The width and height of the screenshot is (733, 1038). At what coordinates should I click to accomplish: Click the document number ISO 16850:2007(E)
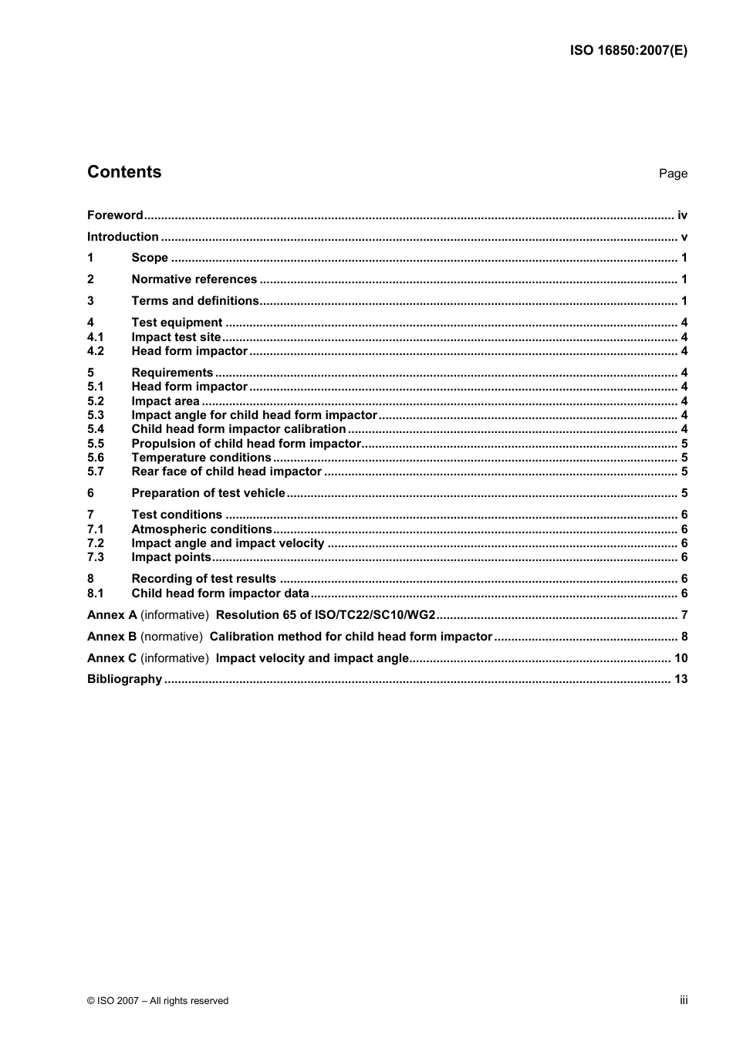pyautogui.click(x=628, y=51)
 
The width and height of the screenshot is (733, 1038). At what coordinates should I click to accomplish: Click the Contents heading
pyautogui.click(x=124, y=172)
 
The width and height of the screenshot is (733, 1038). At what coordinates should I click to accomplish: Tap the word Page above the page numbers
pyautogui.click(x=673, y=174)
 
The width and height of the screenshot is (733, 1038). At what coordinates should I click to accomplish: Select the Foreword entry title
pyautogui.click(x=115, y=215)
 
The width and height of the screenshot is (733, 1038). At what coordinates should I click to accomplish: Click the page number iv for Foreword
pyautogui.click(x=682, y=215)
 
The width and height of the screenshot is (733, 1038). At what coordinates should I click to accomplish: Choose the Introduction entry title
pyautogui.click(x=123, y=237)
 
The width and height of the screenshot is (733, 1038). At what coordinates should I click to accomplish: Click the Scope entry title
pyautogui.click(x=150, y=258)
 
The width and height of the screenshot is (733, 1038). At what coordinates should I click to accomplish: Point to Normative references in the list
pyautogui.click(x=194, y=279)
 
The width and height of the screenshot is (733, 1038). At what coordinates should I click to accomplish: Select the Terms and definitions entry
pyautogui.click(x=195, y=301)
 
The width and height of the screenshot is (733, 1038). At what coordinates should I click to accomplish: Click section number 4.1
pyautogui.click(x=95, y=337)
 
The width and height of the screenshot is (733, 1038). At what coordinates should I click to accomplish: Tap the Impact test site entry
pyautogui.click(x=176, y=337)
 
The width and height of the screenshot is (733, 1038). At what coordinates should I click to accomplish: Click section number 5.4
pyautogui.click(x=95, y=429)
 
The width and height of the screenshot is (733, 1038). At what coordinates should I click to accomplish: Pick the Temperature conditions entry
pyautogui.click(x=201, y=458)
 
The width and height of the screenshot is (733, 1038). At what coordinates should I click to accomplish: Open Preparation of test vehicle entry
pyautogui.click(x=208, y=493)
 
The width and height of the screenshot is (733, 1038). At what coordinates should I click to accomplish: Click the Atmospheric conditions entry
pyautogui.click(x=201, y=529)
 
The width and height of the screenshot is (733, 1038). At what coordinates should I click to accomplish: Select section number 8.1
pyautogui.click(x=95, y=593)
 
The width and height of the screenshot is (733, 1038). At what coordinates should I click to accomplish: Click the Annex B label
pyautogui.click(x=112, y=637)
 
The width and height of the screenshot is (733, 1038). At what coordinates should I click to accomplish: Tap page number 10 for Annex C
pyautogui.click(x=681, y=658)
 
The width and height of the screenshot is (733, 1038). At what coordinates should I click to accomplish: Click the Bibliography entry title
pyautogui.click(x=124, y=679)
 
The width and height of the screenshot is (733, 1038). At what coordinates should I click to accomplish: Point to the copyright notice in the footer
pyautogui.click(x=157, y=1001)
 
